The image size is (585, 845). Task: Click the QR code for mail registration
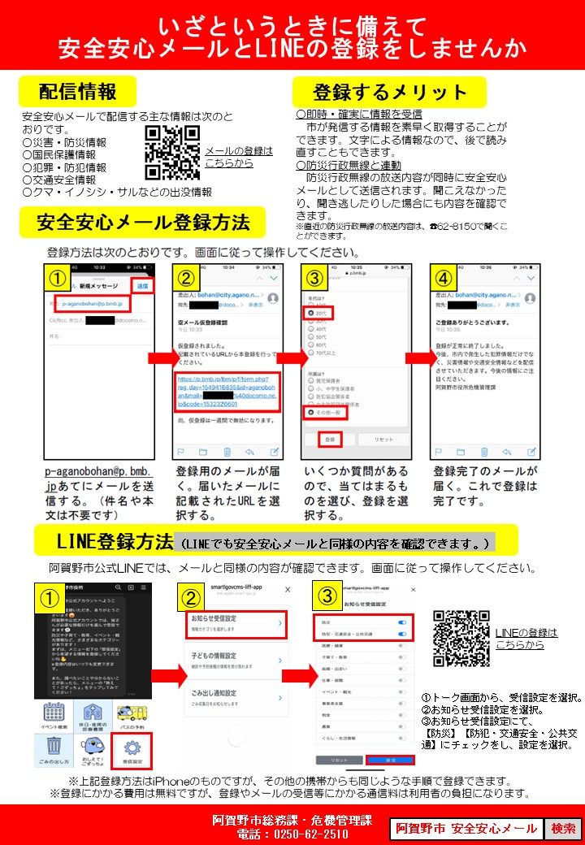[x=171, y=153]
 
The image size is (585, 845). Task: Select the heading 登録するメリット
[x=390, y=92]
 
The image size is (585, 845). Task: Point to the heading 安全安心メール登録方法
[x=143, y=222]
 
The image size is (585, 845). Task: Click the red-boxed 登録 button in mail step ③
[x=330, y=439]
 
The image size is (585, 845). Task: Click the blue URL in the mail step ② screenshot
[x=227, y=392]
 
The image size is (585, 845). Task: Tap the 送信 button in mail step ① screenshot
[x=142, y=286]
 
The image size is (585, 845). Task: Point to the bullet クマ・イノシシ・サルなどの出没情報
[x=117, y=193]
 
